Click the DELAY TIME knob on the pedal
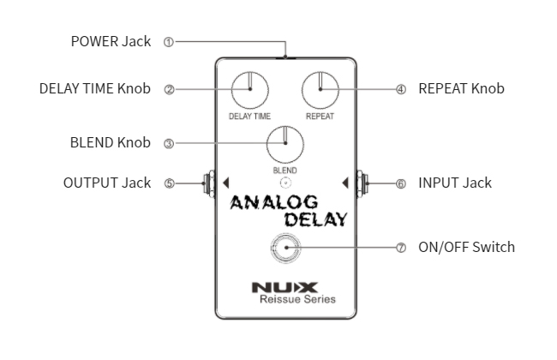249,90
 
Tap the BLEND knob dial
284,145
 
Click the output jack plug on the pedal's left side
207,183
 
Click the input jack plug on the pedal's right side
362,183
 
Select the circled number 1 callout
168,41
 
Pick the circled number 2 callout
168,88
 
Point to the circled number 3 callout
168,143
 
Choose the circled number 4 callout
400,88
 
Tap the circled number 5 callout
168,183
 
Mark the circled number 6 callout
400,183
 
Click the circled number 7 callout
400,247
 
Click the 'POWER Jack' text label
111,41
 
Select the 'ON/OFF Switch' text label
466,247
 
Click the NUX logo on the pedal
284,286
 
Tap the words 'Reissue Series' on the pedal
297,299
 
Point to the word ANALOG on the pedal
273,202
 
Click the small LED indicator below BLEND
284,183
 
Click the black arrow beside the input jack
344,183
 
